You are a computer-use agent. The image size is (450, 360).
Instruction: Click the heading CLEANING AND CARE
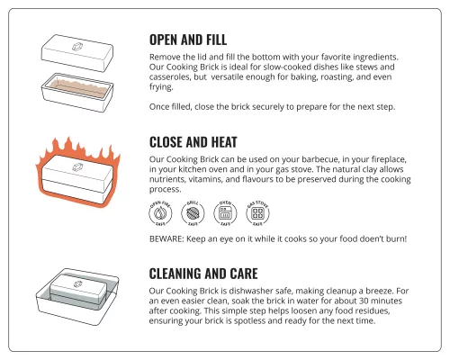coord(216,273)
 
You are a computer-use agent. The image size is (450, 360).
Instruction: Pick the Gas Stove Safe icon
coord(257,214)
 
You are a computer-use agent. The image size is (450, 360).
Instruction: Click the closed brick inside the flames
coord(77,175)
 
